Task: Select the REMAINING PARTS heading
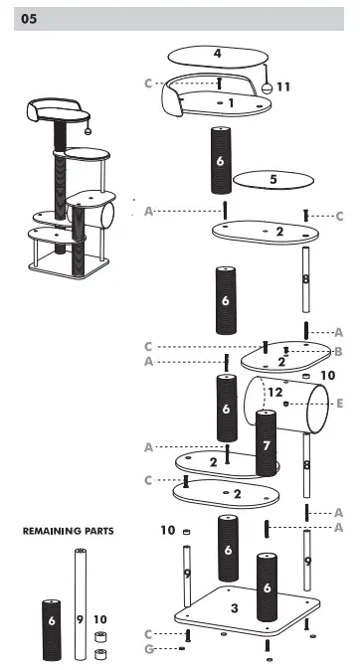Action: (68, 532)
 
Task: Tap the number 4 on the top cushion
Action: (218, 55)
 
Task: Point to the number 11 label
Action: (283, 87)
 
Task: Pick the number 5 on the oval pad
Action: (272, 180)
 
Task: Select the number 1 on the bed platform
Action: (231, 101)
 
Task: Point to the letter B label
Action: (339, 351)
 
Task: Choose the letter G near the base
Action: (149, 649)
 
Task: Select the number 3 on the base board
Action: (233, 607)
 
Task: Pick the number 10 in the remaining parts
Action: (99, 618)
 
